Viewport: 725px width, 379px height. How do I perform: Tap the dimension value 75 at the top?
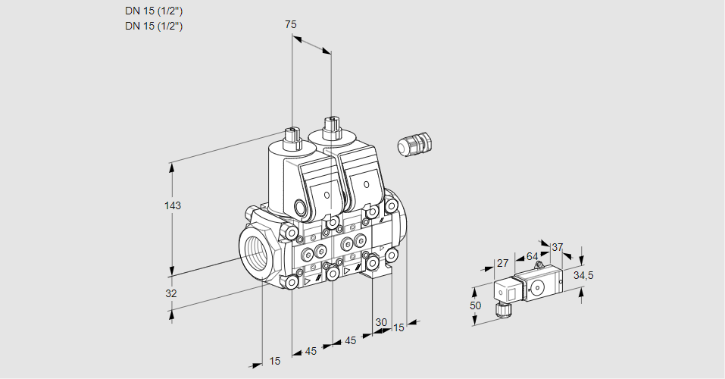point(290,24)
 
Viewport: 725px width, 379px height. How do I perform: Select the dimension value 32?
point(170,293)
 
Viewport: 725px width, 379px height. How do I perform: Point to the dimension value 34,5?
point(583,275)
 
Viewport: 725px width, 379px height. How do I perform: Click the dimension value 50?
point(474,305)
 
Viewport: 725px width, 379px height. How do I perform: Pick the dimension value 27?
point(502,263)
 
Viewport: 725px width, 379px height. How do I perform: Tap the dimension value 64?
point(532,256)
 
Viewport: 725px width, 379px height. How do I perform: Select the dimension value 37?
point(558,247)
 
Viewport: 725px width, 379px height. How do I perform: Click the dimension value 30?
point(380,321)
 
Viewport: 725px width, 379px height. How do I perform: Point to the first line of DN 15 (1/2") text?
point(154,11)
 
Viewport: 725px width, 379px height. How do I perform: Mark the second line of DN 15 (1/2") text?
point(154,26)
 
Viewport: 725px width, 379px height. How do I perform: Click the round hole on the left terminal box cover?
point(327,196)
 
